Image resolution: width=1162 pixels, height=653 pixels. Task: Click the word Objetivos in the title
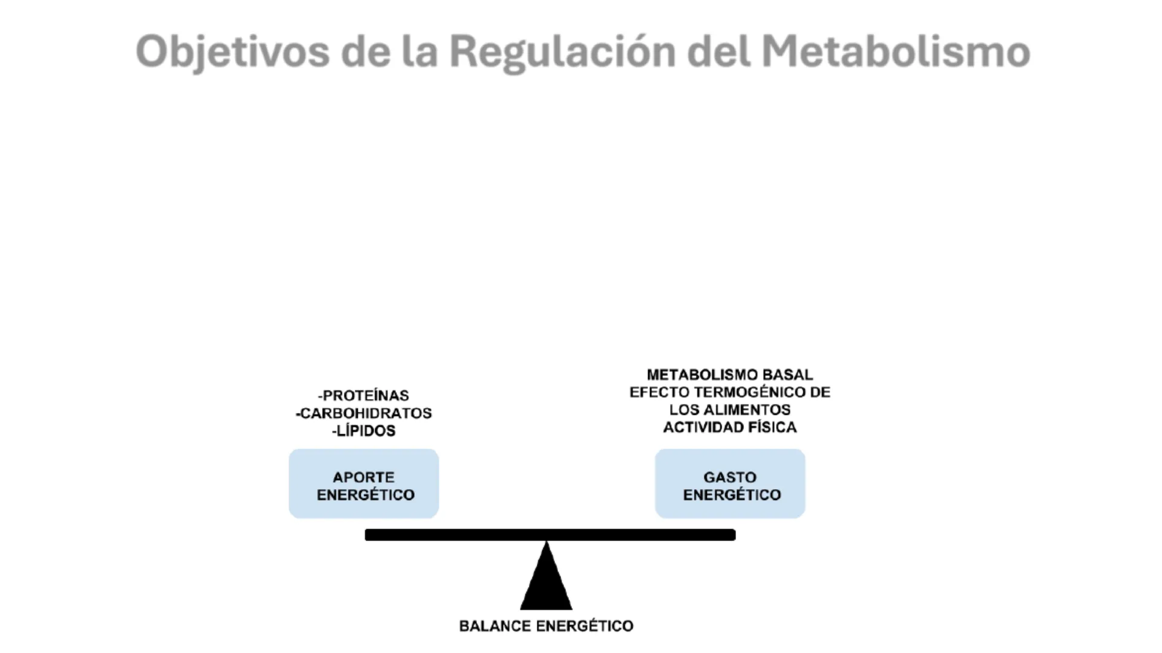point(232,51)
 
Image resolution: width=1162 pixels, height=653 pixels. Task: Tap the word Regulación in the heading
point(562,51)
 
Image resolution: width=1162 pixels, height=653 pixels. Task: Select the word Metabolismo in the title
point(896,51)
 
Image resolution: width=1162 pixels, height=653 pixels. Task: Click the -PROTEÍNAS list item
point(364,395)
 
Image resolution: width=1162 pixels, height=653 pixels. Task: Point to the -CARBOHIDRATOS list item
point(364,413)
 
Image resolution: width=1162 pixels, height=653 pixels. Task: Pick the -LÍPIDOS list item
point(364,430)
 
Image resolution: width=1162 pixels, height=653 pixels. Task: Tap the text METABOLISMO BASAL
point(730,375)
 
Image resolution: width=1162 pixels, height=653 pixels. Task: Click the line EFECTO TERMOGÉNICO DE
point(730,392)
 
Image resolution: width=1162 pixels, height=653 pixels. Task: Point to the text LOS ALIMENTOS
point(730,410)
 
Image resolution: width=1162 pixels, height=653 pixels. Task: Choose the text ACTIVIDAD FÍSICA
point(730,427)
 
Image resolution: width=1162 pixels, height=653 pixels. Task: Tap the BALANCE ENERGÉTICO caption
point(546,626)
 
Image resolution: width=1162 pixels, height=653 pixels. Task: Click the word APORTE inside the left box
point(364,477)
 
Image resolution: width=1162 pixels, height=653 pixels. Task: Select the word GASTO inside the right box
point(730,477)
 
